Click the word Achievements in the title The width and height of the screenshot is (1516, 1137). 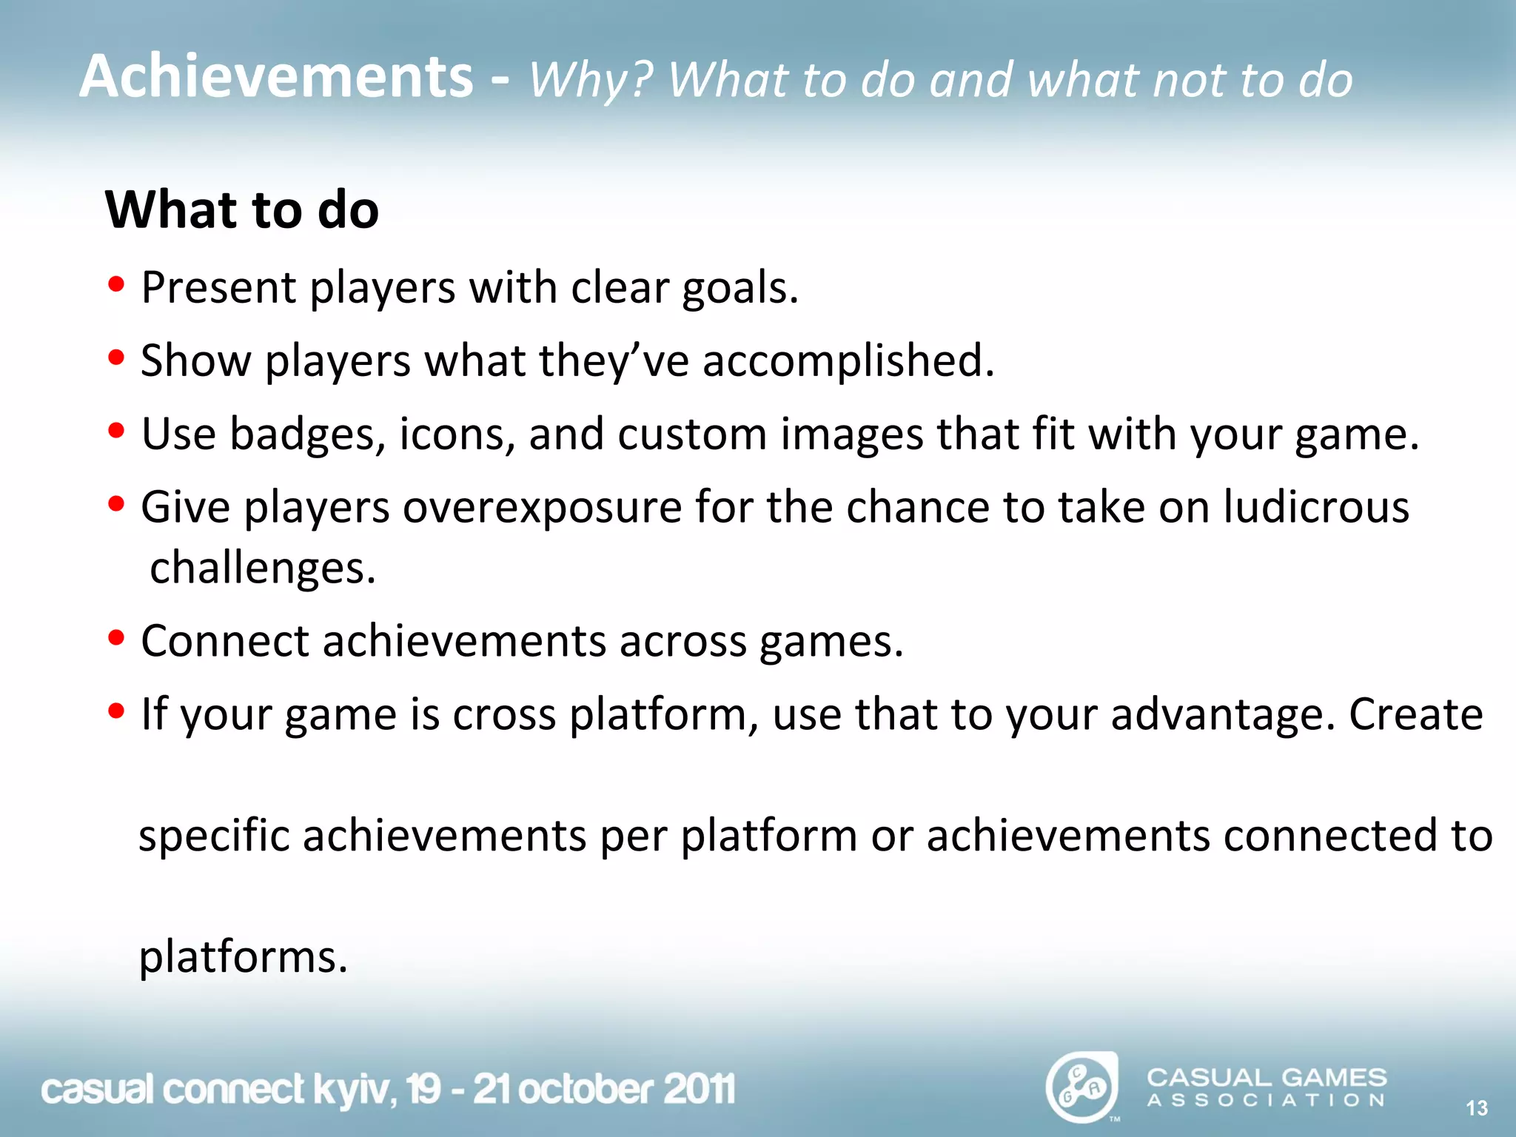coord(275,77)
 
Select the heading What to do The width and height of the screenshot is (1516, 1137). coord(242,209)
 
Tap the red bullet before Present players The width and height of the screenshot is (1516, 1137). coord(115,285)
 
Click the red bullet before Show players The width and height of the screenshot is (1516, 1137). coord(115,358)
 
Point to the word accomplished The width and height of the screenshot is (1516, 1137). coord(848,360)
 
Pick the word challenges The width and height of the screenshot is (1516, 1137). coord(263,568)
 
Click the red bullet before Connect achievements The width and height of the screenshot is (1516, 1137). coord(115,639)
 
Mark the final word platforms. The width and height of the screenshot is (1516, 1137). coord(243,957)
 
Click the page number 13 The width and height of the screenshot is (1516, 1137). coord(1477,1108)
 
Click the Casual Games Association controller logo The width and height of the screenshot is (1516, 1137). coord(1081,1087)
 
